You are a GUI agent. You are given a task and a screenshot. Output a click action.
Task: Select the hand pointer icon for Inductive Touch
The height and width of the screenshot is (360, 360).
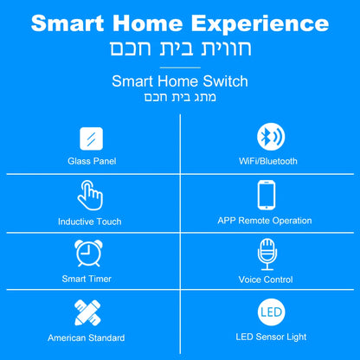[90, 196]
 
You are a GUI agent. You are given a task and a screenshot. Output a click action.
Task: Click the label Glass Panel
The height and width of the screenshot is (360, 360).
[91, 161]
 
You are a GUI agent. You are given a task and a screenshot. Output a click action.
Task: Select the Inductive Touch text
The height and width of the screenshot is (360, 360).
[90, 222]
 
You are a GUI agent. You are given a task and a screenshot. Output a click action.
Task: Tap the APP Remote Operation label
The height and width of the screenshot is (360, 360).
[265, 221]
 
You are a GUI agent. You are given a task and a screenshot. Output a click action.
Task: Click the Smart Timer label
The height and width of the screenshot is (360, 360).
[87, 280]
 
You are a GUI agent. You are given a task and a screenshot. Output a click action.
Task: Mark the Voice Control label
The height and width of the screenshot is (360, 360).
[265, 280]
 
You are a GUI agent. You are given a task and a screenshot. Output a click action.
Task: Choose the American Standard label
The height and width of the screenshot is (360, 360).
[87, 337]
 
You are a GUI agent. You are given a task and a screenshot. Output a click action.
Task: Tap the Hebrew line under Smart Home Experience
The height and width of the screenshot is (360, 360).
[180, 48]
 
